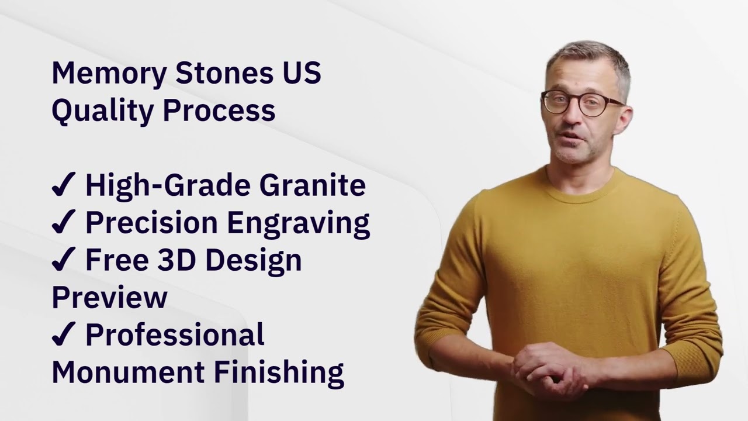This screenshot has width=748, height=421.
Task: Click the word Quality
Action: click(x=102, y=112)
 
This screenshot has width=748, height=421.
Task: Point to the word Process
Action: click(x=219, y=111)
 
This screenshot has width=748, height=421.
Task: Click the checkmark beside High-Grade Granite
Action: click(x=64, y=184)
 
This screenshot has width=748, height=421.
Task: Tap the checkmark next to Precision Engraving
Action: click(x=64, y=222)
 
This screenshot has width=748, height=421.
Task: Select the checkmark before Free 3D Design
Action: click(x=64, y=259)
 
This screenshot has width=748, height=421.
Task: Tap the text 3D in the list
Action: click(x=176, y=260)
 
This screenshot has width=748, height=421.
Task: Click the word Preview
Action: click(x=109, y=297)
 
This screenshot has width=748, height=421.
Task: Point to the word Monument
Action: click(x=128, y=372)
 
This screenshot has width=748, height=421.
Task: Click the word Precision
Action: click(x=152, y=222)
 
